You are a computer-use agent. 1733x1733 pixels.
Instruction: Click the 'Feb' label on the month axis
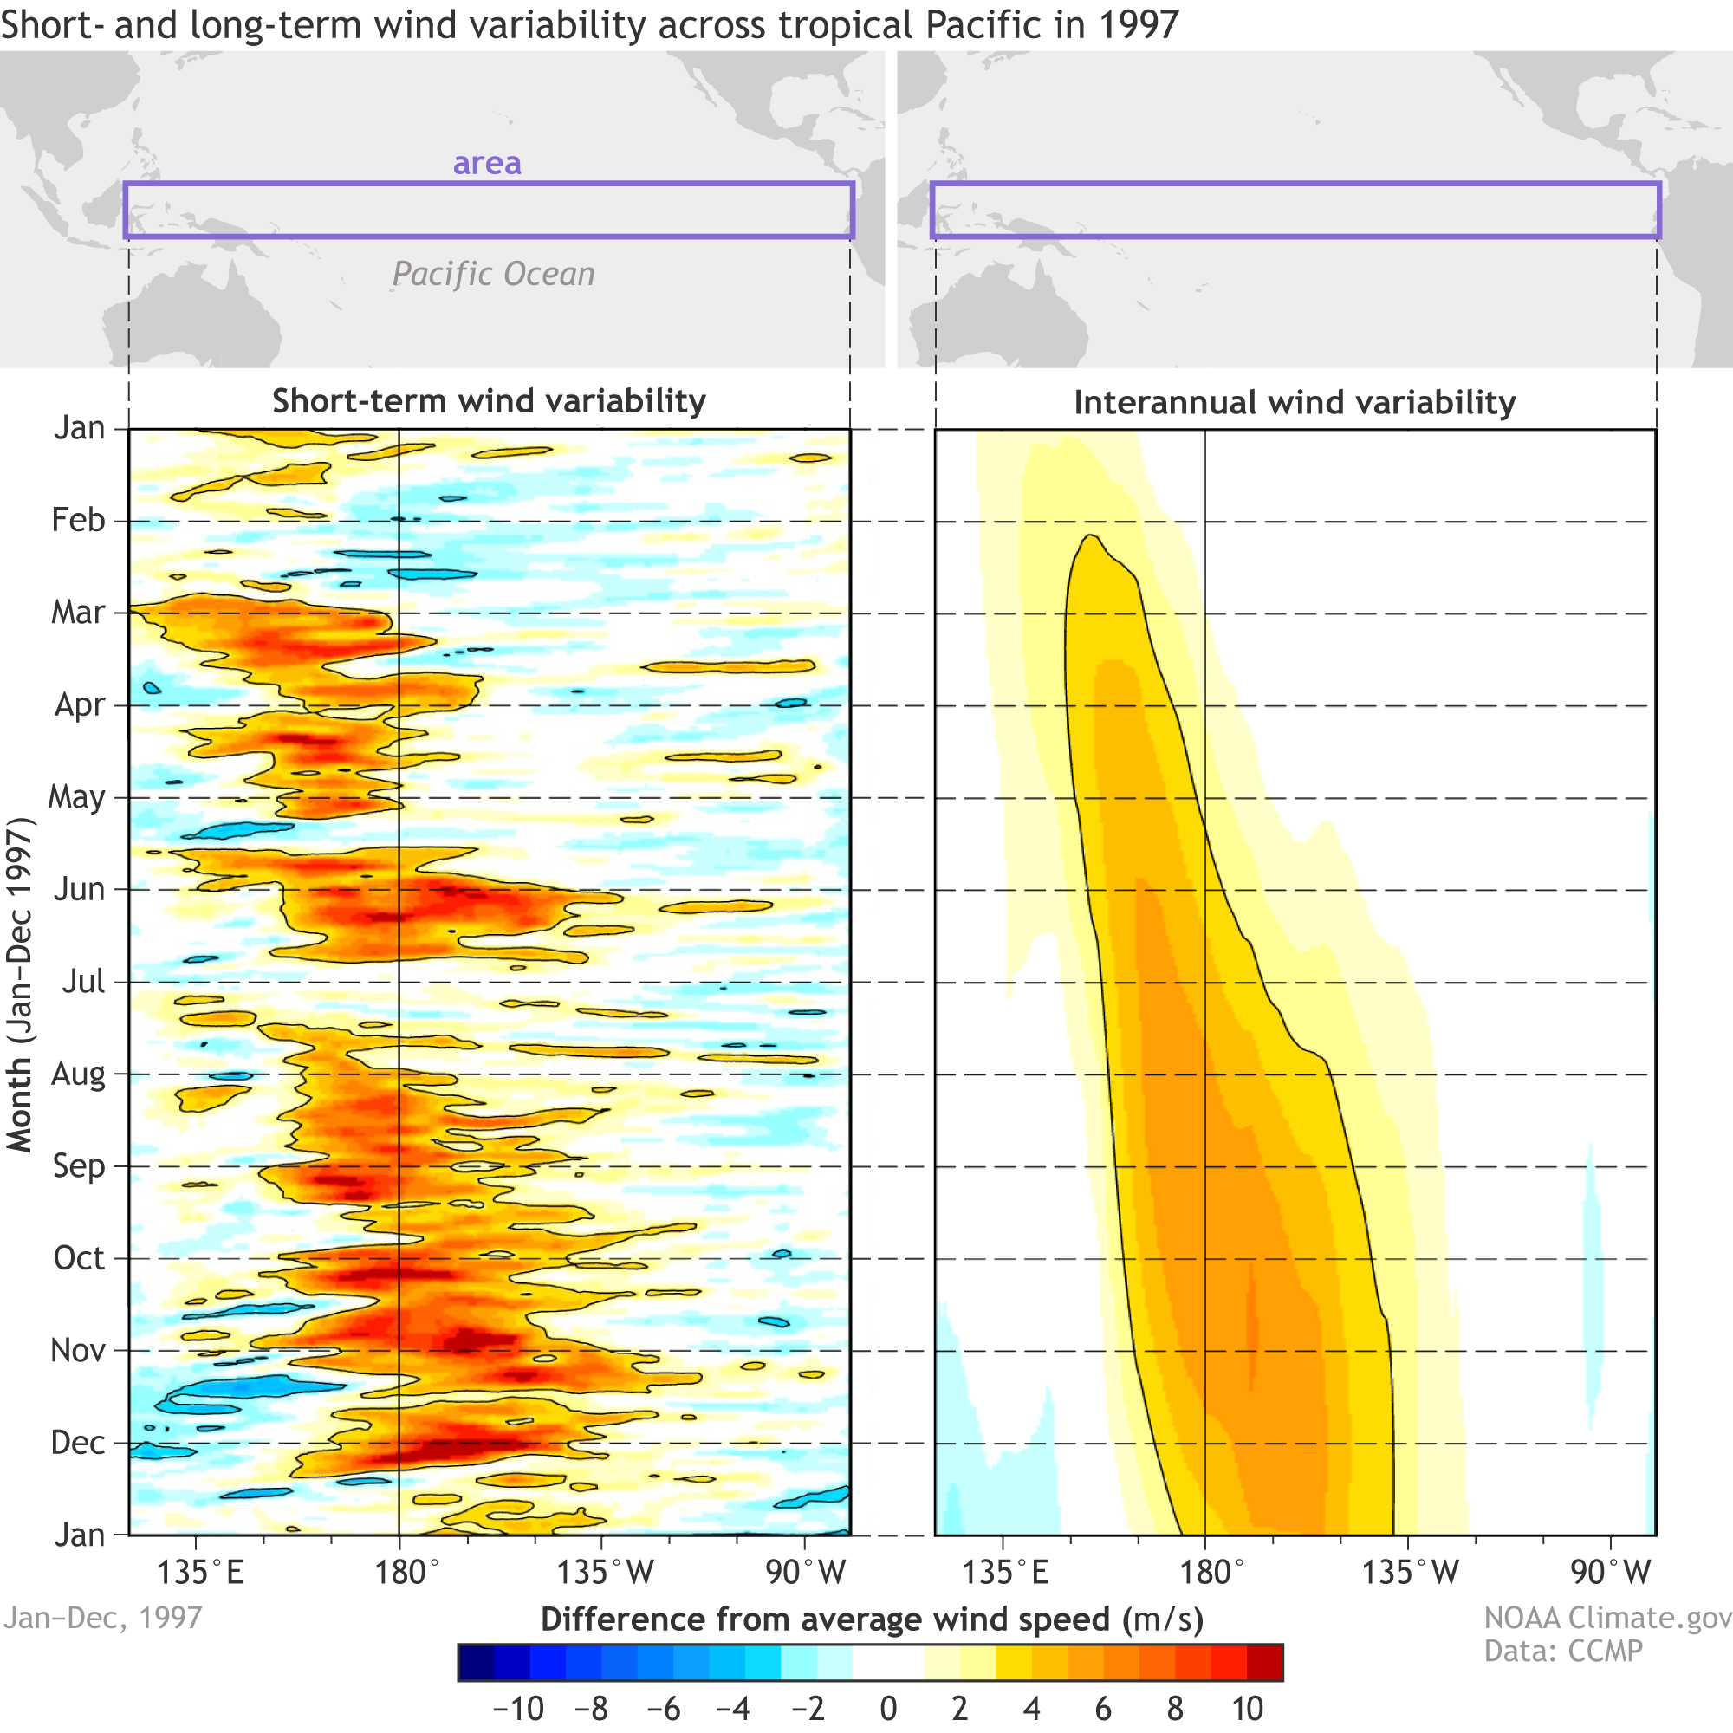point(78,520)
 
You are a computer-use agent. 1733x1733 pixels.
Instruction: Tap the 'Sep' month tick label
point(79,1165)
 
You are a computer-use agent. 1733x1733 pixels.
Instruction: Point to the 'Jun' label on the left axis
point(80,889)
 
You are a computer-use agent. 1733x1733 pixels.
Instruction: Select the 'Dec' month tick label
point(78,1443)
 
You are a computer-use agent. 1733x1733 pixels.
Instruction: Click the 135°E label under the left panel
point(200,1573)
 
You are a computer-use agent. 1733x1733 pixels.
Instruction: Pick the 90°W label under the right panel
point(1610,1573)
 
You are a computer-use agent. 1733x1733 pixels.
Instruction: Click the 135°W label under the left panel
point(606,1573)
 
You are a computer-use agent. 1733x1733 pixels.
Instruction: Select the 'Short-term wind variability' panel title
point(489,401)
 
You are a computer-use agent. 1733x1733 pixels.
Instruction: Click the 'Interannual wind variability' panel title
point(1295,403)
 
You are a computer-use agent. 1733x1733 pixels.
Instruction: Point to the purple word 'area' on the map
point(487,163)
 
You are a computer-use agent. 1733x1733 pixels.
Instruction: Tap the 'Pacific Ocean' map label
point(493,274)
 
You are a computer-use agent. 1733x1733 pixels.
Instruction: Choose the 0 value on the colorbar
point(888,1709)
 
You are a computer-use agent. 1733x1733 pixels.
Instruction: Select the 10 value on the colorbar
point(1247,1709)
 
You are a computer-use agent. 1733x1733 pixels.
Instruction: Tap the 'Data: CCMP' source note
point(1562,1651)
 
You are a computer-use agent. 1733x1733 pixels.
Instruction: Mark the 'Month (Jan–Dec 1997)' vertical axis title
point(20,984)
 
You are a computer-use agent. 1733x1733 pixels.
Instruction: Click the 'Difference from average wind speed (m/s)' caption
point(872,1619)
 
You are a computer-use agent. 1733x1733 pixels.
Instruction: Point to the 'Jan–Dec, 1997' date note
point(102,1617)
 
